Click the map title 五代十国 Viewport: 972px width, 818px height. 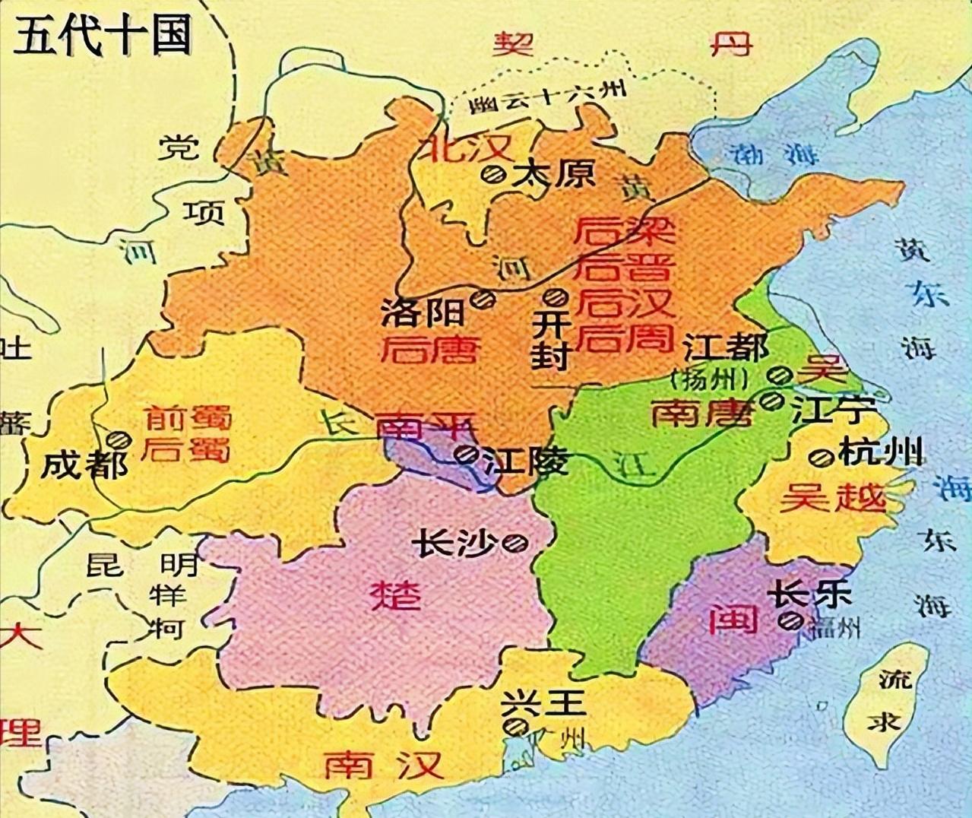[x=102, y=35]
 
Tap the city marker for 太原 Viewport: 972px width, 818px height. [x=492, y=174]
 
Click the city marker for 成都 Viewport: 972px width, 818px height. [x=119, y=439]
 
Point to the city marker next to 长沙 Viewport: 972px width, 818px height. [x=517, y=542]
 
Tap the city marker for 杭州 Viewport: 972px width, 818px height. [x=820, y=458]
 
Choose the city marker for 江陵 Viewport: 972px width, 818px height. [x=465, y=455]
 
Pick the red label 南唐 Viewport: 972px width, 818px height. [x=702, y=414]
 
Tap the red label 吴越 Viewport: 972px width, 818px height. [x=833, y=499]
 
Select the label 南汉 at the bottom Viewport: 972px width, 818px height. [x=383, y=763]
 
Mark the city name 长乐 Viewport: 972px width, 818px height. [x=809, y=594]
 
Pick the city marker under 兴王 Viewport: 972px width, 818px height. [x=517, y=727]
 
